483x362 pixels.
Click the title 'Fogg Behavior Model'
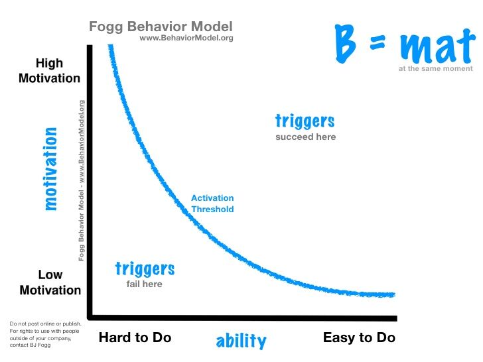click(161, 27)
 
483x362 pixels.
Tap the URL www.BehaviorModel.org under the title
click(186, 38)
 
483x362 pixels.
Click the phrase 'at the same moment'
click(436, 68)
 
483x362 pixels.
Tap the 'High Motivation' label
click(48, 71)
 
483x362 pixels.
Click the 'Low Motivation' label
click(50, 282)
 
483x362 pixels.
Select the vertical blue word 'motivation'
click(50, 169)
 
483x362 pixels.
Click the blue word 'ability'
click(241, 341)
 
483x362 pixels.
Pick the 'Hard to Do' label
click(135, 337)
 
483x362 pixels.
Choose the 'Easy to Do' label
click(359, 337)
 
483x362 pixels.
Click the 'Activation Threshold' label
click(212, 204)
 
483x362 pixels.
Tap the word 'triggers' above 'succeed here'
click(305, 121)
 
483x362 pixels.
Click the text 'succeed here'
click(306, 137)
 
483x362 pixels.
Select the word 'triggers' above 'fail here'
click(145, 269)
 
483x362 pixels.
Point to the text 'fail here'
click(145, 284)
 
